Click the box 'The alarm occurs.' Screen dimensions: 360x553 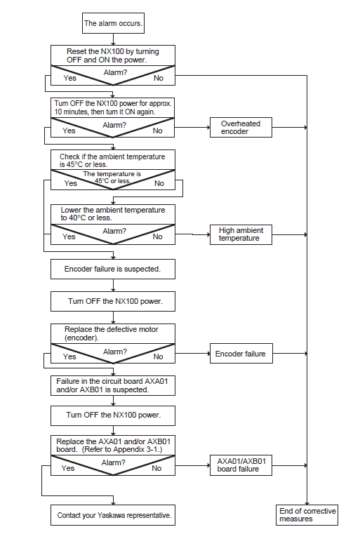(x=113, y=23)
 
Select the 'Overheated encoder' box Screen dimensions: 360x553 (x=241, y=127)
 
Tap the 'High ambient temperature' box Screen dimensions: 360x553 (x=241, y=234)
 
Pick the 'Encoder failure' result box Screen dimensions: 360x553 (x=241, y=354)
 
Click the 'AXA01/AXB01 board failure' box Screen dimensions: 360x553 (x=241, y=465)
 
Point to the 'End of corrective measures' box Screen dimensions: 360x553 (x=307, y=515)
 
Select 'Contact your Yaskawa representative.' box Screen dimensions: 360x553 (x=113, y=515)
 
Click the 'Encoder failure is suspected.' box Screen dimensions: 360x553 (x=113, y=269)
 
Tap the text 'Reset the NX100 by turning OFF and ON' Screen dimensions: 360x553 (x=113, y=55)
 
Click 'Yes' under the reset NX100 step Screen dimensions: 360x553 (x=69, y=78)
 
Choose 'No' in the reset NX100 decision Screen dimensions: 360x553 (x=159, y=78)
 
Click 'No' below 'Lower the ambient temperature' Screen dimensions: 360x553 (x=157, y=236)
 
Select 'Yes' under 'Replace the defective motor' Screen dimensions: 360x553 (x=69, y=357)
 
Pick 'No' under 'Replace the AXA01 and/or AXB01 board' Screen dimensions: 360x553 (x=156, y=468)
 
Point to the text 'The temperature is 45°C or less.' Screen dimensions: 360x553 (x=112, y=178)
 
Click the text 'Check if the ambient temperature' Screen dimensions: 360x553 (x=112, y=156)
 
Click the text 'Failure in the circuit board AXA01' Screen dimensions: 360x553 (x=112, y=381)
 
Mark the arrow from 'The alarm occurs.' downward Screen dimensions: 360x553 (x=113, y=39)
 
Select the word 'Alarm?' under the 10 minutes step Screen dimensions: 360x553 (x=114, y=125)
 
